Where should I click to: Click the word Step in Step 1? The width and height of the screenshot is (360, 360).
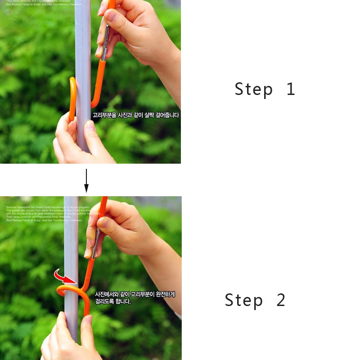[253, 89]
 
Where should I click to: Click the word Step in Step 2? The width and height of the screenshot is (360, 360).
[243, 300]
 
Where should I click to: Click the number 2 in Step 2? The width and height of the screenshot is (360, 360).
[281, 300]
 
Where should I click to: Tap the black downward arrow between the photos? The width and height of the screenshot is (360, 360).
[86, 180]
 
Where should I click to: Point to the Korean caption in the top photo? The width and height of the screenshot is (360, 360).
[135, 115]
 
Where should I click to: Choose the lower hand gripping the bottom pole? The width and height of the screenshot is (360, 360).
[67, 337]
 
